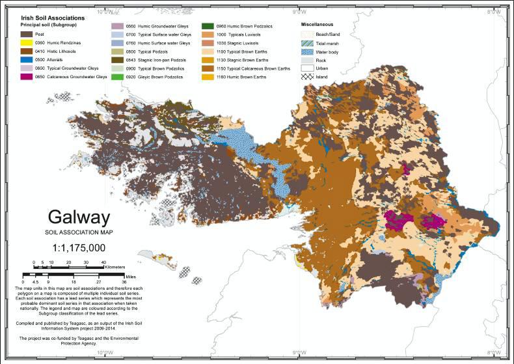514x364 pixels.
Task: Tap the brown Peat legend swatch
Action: (26, 34)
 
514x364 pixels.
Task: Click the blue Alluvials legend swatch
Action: (26, 59)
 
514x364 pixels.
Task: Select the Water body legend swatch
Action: (306, 51)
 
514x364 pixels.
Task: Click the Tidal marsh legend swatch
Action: (306, 42)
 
